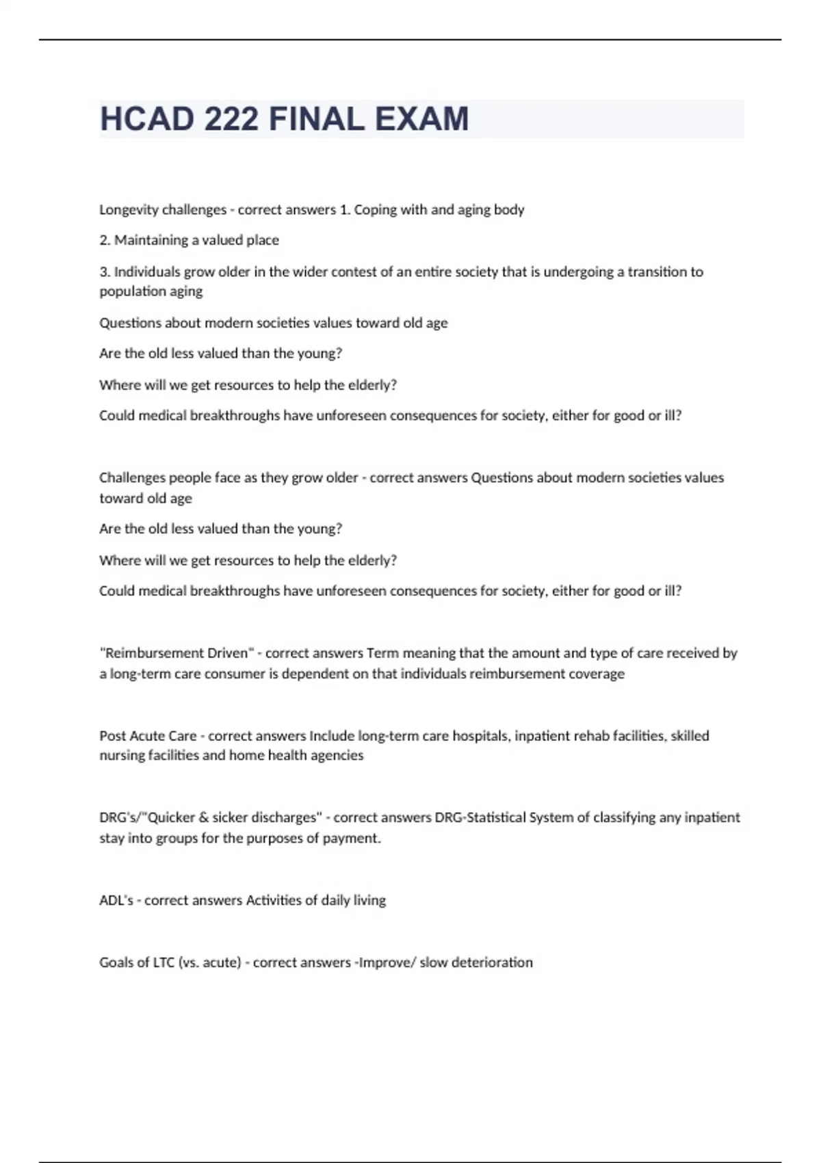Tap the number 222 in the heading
(x=231, y=119)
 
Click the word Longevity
(x=128, y=210)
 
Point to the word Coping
(x=375, y=210)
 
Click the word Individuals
(x=147, y=272)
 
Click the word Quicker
(x=171, y=818)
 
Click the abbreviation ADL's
(x=116, y=900)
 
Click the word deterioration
(x=491, y=963)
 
